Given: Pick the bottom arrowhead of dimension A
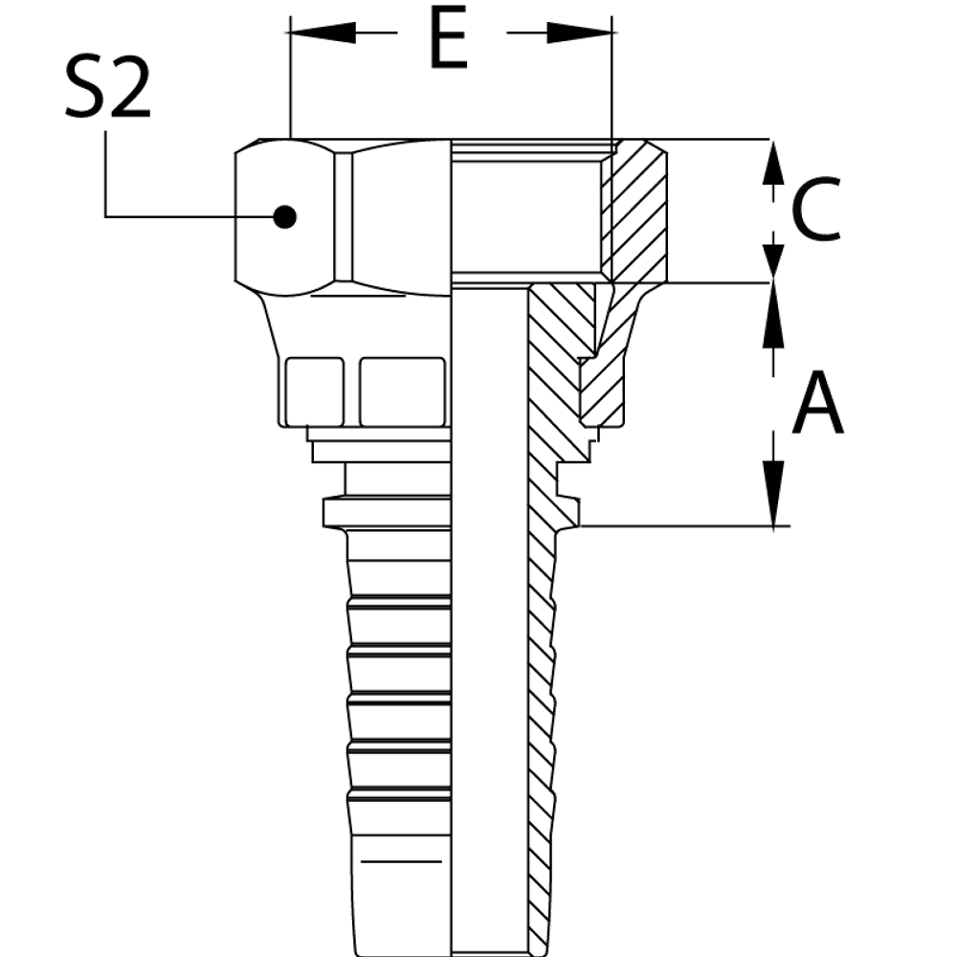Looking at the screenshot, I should click(x=774, y=498).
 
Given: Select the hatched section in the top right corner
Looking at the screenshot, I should click(x=632, y=211).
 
